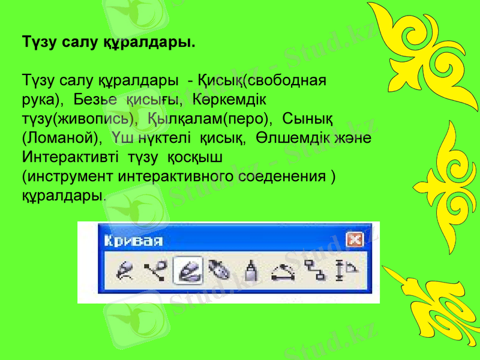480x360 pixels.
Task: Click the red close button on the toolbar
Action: [x=355, y=241]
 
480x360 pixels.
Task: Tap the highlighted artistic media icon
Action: [x=187, y=272]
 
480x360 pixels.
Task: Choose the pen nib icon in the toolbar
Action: [x=218, y=272]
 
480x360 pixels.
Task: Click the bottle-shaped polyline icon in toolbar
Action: [x=251, y=272]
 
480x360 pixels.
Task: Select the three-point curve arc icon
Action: [x=283, y=273]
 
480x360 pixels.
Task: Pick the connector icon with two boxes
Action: [x=315, y=273]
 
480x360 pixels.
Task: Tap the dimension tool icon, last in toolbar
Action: [x=346, y=273]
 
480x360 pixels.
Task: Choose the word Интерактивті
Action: [x=67, y=157]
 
